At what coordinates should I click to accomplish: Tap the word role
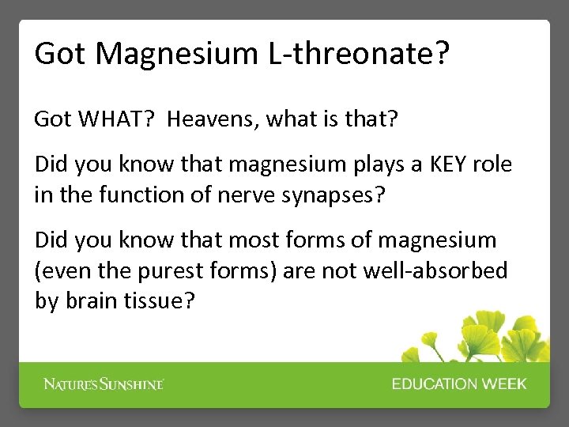click(x=493, y=164)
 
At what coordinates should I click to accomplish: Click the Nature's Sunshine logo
click(x=104, y=384)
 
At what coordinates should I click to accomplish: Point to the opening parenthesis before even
click(x=38, y=270)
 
